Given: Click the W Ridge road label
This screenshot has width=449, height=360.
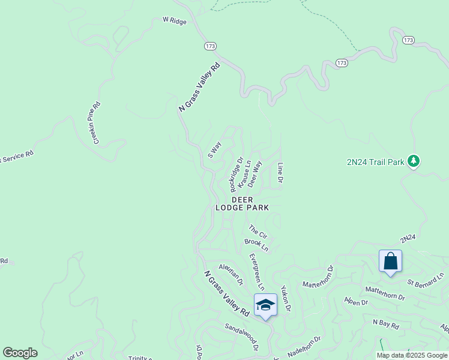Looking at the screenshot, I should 175,20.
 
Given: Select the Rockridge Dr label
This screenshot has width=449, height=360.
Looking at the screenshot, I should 236,175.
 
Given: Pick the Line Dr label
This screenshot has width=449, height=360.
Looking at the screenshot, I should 280,173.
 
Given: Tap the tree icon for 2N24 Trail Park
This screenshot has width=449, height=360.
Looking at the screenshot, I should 413,161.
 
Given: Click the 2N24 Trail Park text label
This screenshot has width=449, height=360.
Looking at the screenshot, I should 375,162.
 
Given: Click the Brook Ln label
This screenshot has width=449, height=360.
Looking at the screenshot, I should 256,245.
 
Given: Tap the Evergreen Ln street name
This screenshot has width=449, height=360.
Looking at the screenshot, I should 256,272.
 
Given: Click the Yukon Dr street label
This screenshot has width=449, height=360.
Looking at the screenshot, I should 286,299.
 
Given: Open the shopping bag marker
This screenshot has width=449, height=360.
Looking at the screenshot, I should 390,262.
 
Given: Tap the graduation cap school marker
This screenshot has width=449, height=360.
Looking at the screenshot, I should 265,305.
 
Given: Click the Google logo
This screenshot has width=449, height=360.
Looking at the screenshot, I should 20,353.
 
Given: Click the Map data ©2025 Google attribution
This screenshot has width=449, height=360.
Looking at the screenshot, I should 412,355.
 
